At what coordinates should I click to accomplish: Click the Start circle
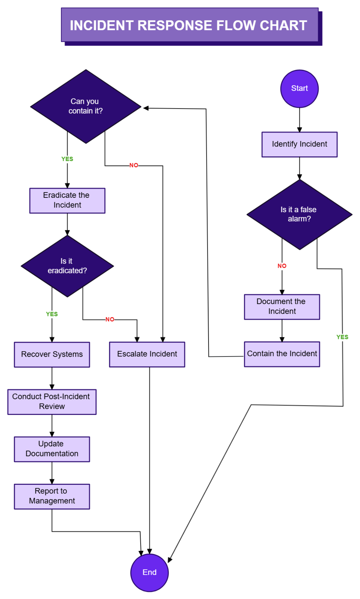point(299,89)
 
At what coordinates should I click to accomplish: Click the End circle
point(149,572)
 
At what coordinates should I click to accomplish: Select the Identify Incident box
point(299,144)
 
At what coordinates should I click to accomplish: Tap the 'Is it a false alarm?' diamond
point(299,214)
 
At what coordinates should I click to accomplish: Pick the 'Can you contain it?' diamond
point(86,107)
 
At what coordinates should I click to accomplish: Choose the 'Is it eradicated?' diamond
point(67,266)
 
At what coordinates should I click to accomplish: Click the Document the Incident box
point(282,307)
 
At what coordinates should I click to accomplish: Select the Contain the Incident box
point(282,354)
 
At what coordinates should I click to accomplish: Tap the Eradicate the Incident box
point(67,200)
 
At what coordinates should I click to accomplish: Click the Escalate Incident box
point(147,354)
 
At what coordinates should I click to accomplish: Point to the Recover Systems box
point(52,354)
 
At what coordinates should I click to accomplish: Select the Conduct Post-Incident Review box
point(52,402)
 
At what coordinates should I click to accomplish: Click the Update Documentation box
point(52,449)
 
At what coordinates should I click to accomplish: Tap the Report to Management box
point(52,496)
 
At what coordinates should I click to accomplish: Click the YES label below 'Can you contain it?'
point(67,159)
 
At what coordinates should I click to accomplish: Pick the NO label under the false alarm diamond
point(282,266)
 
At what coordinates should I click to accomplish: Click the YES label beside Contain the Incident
point(342,337)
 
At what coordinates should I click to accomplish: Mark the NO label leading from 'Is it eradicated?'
point(110,319)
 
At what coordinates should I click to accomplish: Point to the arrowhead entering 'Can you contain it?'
point(146,108)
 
